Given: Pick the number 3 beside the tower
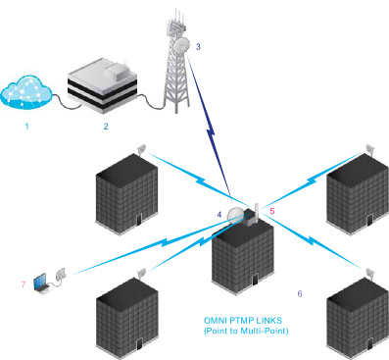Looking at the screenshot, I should (198, 46).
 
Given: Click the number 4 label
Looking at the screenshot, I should (219, 213).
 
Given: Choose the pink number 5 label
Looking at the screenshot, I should (271, 209).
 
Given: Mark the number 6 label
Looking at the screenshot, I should (299, 293).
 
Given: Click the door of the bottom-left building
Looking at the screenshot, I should (137, 342).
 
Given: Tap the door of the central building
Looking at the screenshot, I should (253, 280).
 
